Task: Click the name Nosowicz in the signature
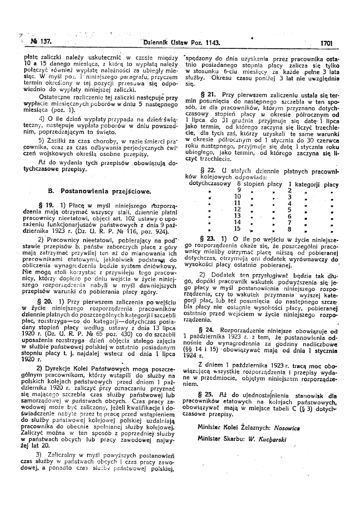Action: tap(289, 426)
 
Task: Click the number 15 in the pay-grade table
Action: tap(237, 229)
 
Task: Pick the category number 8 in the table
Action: tap(289, 229)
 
